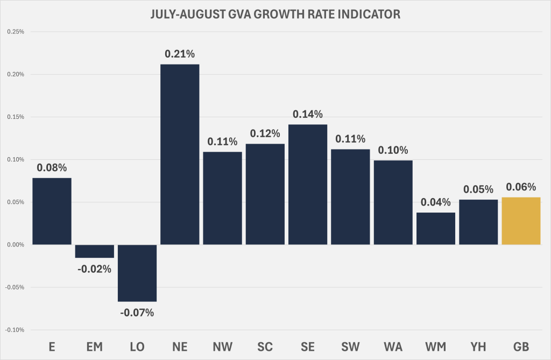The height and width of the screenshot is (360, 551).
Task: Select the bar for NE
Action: coord(180,154)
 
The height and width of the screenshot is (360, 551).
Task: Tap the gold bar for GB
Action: coord(521,221)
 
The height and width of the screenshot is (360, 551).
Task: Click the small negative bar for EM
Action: coord(95,251)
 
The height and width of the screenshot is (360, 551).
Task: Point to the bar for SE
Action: coord(308,184)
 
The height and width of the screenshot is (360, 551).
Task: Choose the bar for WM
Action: coord(436,228)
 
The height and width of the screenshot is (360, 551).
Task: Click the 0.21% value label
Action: coord(180,54)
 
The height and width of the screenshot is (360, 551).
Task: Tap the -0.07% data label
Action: coord(137,312)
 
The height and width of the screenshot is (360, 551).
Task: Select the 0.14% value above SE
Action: coord(308,114)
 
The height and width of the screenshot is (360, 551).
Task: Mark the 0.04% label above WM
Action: coord(436,202)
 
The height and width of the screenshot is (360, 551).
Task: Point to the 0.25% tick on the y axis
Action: coord(15,32)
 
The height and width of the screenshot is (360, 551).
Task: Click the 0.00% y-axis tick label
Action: coord(15,245)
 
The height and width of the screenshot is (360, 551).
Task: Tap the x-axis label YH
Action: coord(478,347)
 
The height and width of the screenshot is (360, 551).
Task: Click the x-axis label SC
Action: coord(265,347)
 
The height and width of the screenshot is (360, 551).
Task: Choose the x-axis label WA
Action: coord(393,347)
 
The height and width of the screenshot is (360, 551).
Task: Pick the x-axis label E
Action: coord(52,347)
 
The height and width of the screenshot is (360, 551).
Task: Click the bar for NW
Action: coord(222,198)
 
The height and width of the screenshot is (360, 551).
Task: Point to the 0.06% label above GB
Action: coord(521,187)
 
